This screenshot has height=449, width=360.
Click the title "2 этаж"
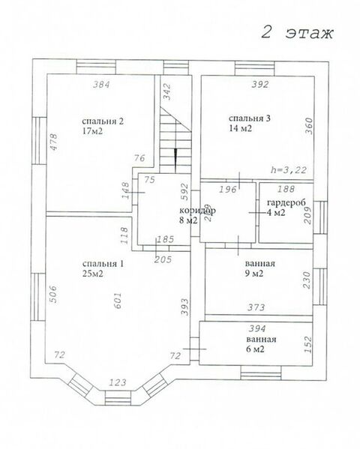click(297, 33)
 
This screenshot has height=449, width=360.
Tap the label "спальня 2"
click(103, 121)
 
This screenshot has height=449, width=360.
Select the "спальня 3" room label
click(249, 118)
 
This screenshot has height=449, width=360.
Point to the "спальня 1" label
click(103, 264)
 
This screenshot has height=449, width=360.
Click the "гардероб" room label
click(286, 202)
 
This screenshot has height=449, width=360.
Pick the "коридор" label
click(197, 211)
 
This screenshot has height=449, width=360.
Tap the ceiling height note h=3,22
click(289, 170)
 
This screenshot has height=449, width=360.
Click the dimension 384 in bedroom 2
click(101, 85)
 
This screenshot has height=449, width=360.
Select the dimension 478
click(53, 142)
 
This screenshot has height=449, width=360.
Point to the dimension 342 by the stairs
click(166, 91)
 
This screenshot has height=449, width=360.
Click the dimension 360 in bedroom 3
click(309, 126)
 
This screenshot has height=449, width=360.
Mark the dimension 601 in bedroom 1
click(118, 300)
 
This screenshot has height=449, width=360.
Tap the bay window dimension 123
click(118, 382)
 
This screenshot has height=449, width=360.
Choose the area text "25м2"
click(92, 274)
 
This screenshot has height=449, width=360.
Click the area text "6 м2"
click(256, 349)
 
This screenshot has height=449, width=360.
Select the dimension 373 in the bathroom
click(256, 307)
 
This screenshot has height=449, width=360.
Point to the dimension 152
click(308, 345)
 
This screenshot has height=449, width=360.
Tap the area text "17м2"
click(92, 131)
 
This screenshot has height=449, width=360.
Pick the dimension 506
click(53, 294)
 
